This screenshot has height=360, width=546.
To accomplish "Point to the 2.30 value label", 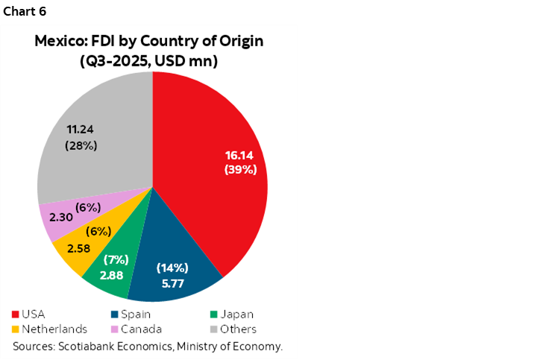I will click(x=61, y=217).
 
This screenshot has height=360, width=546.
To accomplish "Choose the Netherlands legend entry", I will click(x=49, y=329).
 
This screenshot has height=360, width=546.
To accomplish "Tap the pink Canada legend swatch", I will click(x=115, y=329).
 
